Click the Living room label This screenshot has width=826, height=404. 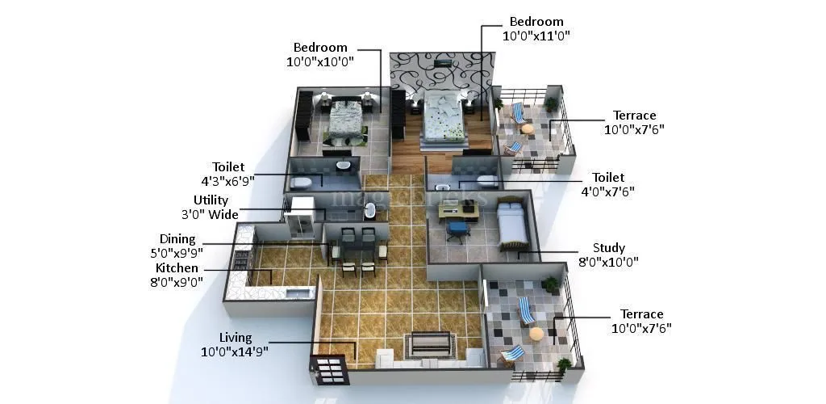click(236, 337)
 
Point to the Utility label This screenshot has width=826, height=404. click(211, 200)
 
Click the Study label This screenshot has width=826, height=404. click(608, 248)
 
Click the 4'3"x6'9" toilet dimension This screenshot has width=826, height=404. click(227, 181)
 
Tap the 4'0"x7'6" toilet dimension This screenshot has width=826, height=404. click(607, 191)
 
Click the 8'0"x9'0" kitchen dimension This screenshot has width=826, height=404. click(176, 281)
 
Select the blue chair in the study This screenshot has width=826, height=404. click(457, 230)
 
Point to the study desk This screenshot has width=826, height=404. click(457, 212)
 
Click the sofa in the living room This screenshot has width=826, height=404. click(430, 345)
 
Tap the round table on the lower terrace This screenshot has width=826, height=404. click(536, 333)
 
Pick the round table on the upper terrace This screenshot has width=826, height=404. click(527, 128)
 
